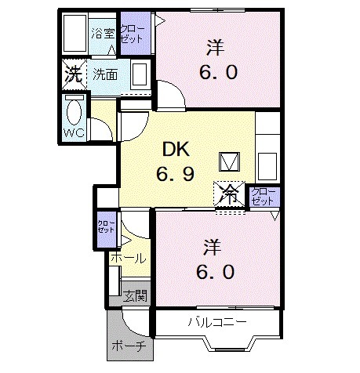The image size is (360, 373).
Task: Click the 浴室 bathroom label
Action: pos(102,34)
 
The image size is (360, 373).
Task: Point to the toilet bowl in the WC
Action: pos(75,109)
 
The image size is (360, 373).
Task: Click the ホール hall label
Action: pos(127,258)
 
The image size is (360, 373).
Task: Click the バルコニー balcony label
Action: pos(217,322)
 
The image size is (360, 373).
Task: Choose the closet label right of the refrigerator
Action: pos(260,197)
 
